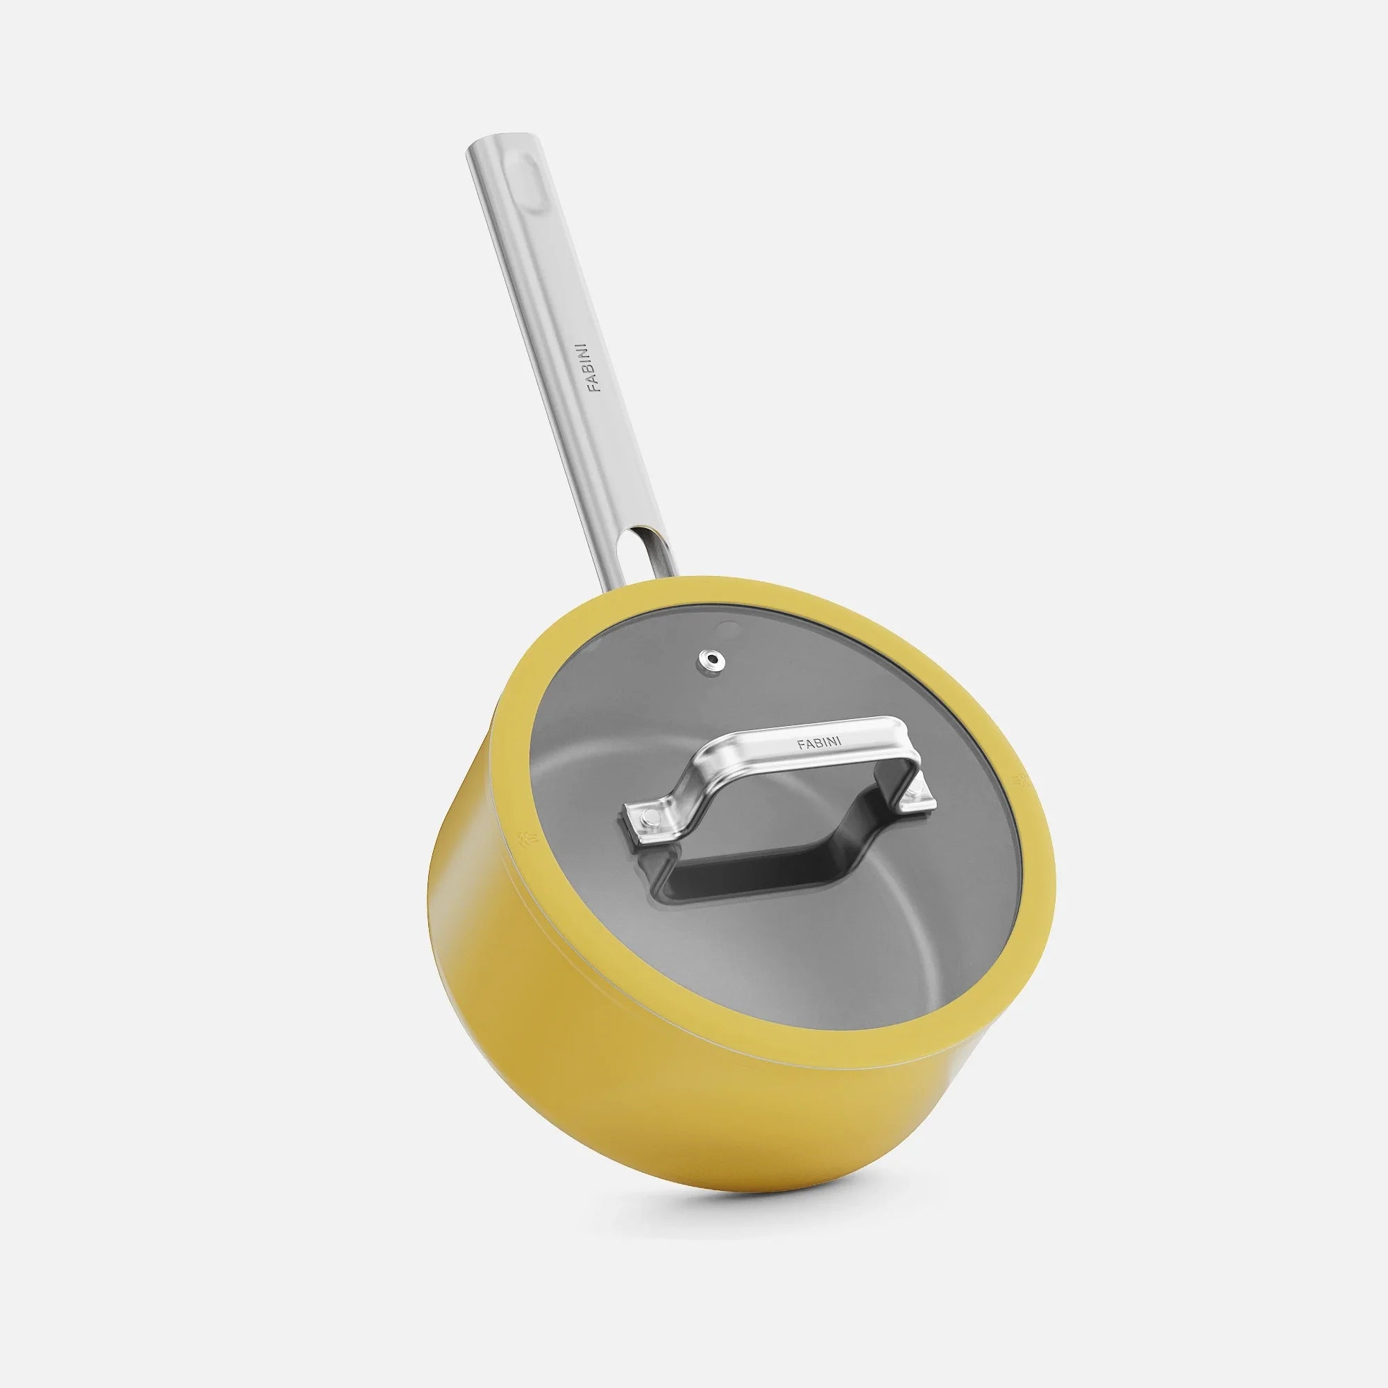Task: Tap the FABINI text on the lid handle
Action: pyautogui.click(x=820, y=742)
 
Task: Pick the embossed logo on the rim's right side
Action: pyautogui.click(x=1020, y=780)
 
